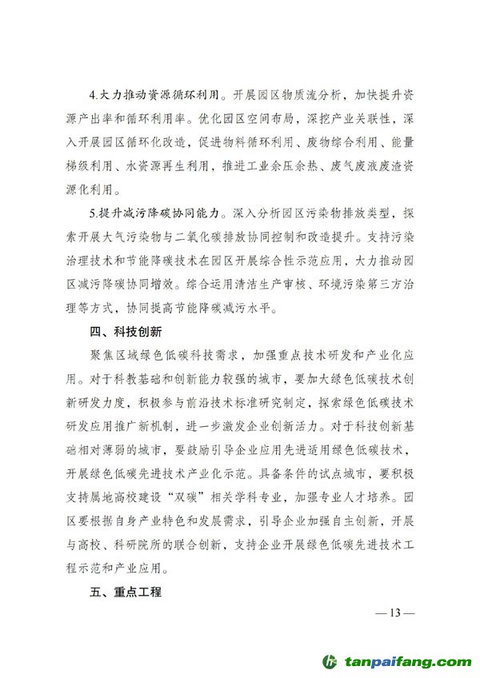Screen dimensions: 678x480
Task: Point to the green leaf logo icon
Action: click(x=330, y=660)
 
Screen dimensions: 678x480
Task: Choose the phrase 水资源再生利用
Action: click(x=163, y=166)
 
